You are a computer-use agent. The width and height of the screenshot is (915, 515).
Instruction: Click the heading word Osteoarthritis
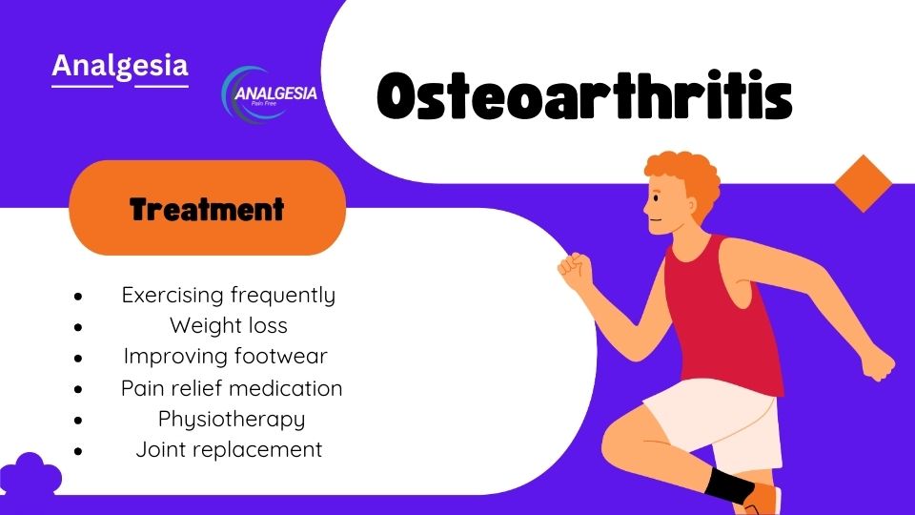584,96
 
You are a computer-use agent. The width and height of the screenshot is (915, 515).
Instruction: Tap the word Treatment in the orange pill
207,209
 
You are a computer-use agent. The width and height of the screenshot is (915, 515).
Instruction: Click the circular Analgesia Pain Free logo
269,94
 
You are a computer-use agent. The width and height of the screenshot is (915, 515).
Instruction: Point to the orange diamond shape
864,183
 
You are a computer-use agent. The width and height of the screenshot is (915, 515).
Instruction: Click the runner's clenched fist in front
576,270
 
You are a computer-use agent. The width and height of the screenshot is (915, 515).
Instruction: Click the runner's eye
657,198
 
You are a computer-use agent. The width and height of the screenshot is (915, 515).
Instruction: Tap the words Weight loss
229,326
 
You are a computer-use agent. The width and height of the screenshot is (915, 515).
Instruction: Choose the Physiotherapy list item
232,420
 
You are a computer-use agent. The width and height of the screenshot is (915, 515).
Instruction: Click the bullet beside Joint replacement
78,451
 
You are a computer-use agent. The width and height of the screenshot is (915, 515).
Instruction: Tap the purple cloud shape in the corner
30,474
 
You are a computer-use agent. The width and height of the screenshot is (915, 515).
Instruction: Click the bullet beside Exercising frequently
78,297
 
